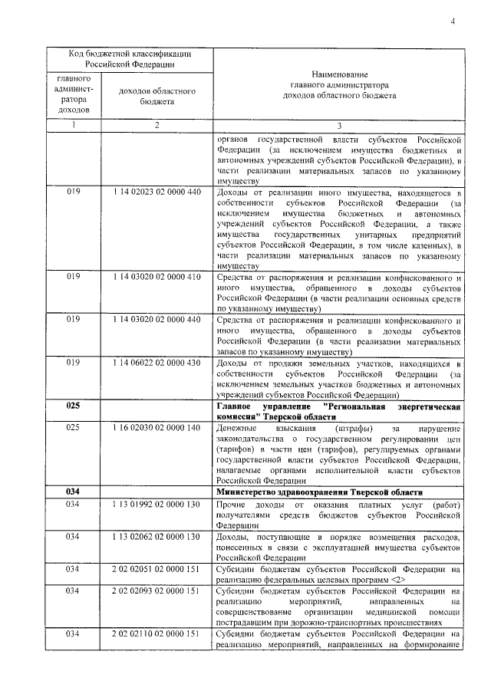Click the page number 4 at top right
453,20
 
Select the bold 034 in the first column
74,492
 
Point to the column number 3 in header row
338,126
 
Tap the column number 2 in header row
157,126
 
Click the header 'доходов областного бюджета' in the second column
157,96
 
